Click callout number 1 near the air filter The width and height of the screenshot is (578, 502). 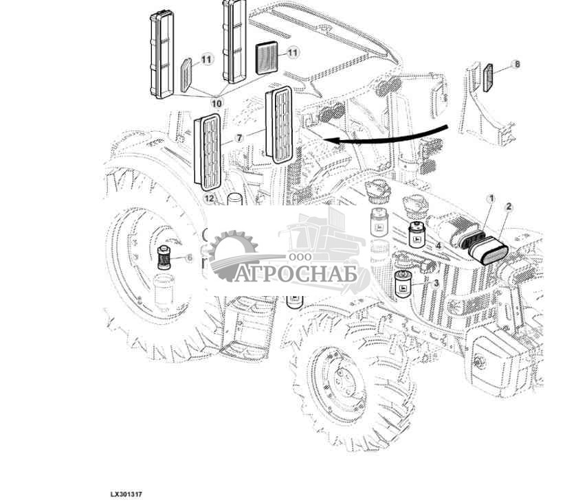pos(491,199)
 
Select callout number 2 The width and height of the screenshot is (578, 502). pos(509,207)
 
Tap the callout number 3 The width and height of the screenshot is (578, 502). pos(436,283)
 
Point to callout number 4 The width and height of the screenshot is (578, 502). pos(438,245)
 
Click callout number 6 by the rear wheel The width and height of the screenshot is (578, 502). pos(190,258)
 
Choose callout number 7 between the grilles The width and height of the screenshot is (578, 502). pos(239,138)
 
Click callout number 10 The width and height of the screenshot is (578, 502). pos(216,103)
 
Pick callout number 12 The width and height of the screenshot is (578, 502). pos(209,198)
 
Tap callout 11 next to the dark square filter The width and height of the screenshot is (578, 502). pos(292,53)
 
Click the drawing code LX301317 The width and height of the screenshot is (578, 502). pos(126,494)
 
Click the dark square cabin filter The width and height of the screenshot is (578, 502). pos(267,58)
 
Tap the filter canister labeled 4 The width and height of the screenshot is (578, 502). pos(417,234)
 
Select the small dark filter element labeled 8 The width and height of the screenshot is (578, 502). pos(488,78)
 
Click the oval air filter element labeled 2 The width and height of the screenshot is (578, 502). pos(488,251)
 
